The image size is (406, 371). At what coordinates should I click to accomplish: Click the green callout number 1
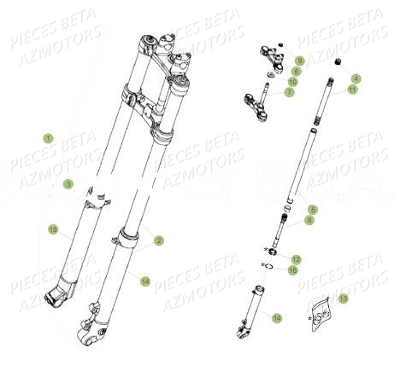(49, 138)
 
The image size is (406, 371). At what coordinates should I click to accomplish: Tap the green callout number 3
(68, 184)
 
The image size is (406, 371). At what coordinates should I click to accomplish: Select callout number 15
(52, 230)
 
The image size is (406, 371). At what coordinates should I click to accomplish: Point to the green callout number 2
(159, 241)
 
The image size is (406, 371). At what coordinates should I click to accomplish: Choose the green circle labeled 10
(293, 82)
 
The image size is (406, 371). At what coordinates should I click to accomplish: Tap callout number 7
(290, 92)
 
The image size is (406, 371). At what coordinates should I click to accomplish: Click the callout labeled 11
(352, 90)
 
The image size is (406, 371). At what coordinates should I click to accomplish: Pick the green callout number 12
(297, 258)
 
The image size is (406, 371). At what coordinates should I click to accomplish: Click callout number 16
(292, 270)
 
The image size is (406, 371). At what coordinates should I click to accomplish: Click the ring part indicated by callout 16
(268, 268)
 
